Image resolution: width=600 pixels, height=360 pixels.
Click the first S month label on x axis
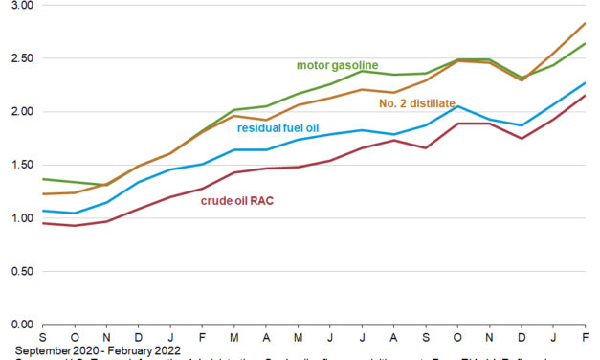[x=43, y=338]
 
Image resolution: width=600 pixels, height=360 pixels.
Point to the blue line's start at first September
[x=43, y=210]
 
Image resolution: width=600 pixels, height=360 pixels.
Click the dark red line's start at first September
[x=43, y=223]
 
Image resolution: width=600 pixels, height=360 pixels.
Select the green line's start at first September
[x=43, y=179]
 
